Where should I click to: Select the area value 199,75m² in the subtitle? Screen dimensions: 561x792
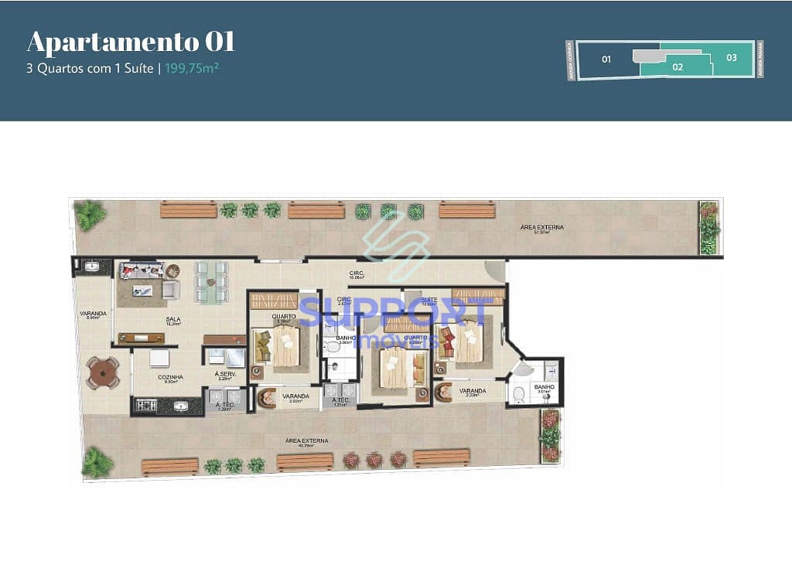tap(192, 68)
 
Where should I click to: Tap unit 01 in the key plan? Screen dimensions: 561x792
tap(606, 59)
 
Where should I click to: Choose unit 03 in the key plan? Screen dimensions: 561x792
tap(731, 57)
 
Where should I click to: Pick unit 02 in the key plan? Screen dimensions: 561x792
tap(678, 67)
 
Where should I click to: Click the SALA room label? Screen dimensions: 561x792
tap(173, 319)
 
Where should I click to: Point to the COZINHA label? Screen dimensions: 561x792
tap(170, 377)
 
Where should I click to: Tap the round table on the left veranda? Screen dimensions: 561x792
tap(104, 373)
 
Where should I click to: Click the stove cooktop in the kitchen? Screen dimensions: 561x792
tap(147, 404)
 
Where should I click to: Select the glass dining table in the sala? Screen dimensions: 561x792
tap(211, 281)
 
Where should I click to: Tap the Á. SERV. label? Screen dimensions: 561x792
tap(224, 375)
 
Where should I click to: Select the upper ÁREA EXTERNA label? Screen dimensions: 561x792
tap(541, 227)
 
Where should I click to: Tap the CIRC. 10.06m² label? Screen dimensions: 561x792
tap(357, 274)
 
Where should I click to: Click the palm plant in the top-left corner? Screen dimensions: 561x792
tap(90, 214)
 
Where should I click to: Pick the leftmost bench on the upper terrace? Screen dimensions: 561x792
tap(189, 209)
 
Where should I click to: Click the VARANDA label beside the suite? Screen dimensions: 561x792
tap(472, 391)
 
